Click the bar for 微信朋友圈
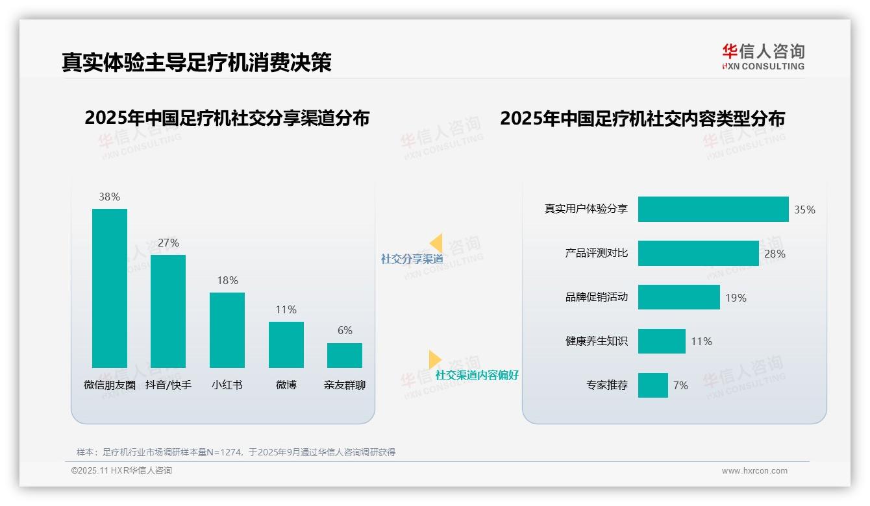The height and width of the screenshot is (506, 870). click(x=110, y=288)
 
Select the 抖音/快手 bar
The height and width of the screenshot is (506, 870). click(x=168, y=311)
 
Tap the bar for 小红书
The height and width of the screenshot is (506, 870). click(x=227, y=330)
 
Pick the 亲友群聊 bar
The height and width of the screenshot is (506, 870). click(x=345, y=355)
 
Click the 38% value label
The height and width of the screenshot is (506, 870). click(x=110, y=197)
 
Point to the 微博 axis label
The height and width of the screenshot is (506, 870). click(x=286, y=385)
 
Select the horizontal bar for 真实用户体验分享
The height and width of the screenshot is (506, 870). click(x=713, y=210)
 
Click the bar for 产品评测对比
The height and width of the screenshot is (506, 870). click(x=698, y=254)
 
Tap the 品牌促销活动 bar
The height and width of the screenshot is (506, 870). click(x=678, y=297)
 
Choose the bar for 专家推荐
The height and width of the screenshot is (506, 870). click(x=652, y=385)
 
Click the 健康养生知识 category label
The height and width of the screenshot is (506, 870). click(x=597, y=341)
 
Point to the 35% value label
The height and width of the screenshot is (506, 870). click(x=804, y=210)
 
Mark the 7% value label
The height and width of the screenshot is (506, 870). click(x=680, y=385)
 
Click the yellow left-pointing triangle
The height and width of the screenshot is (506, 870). click(x=436, y=243)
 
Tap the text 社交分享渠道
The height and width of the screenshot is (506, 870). click(x=412, y=259)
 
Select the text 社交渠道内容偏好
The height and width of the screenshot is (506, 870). click(x=477, y=375)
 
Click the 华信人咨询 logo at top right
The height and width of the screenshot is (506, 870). click(x=763, y=56)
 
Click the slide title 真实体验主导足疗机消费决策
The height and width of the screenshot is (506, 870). click(x=197, y=62)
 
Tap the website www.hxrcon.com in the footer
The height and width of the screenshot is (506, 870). click(x=754, y=471)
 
